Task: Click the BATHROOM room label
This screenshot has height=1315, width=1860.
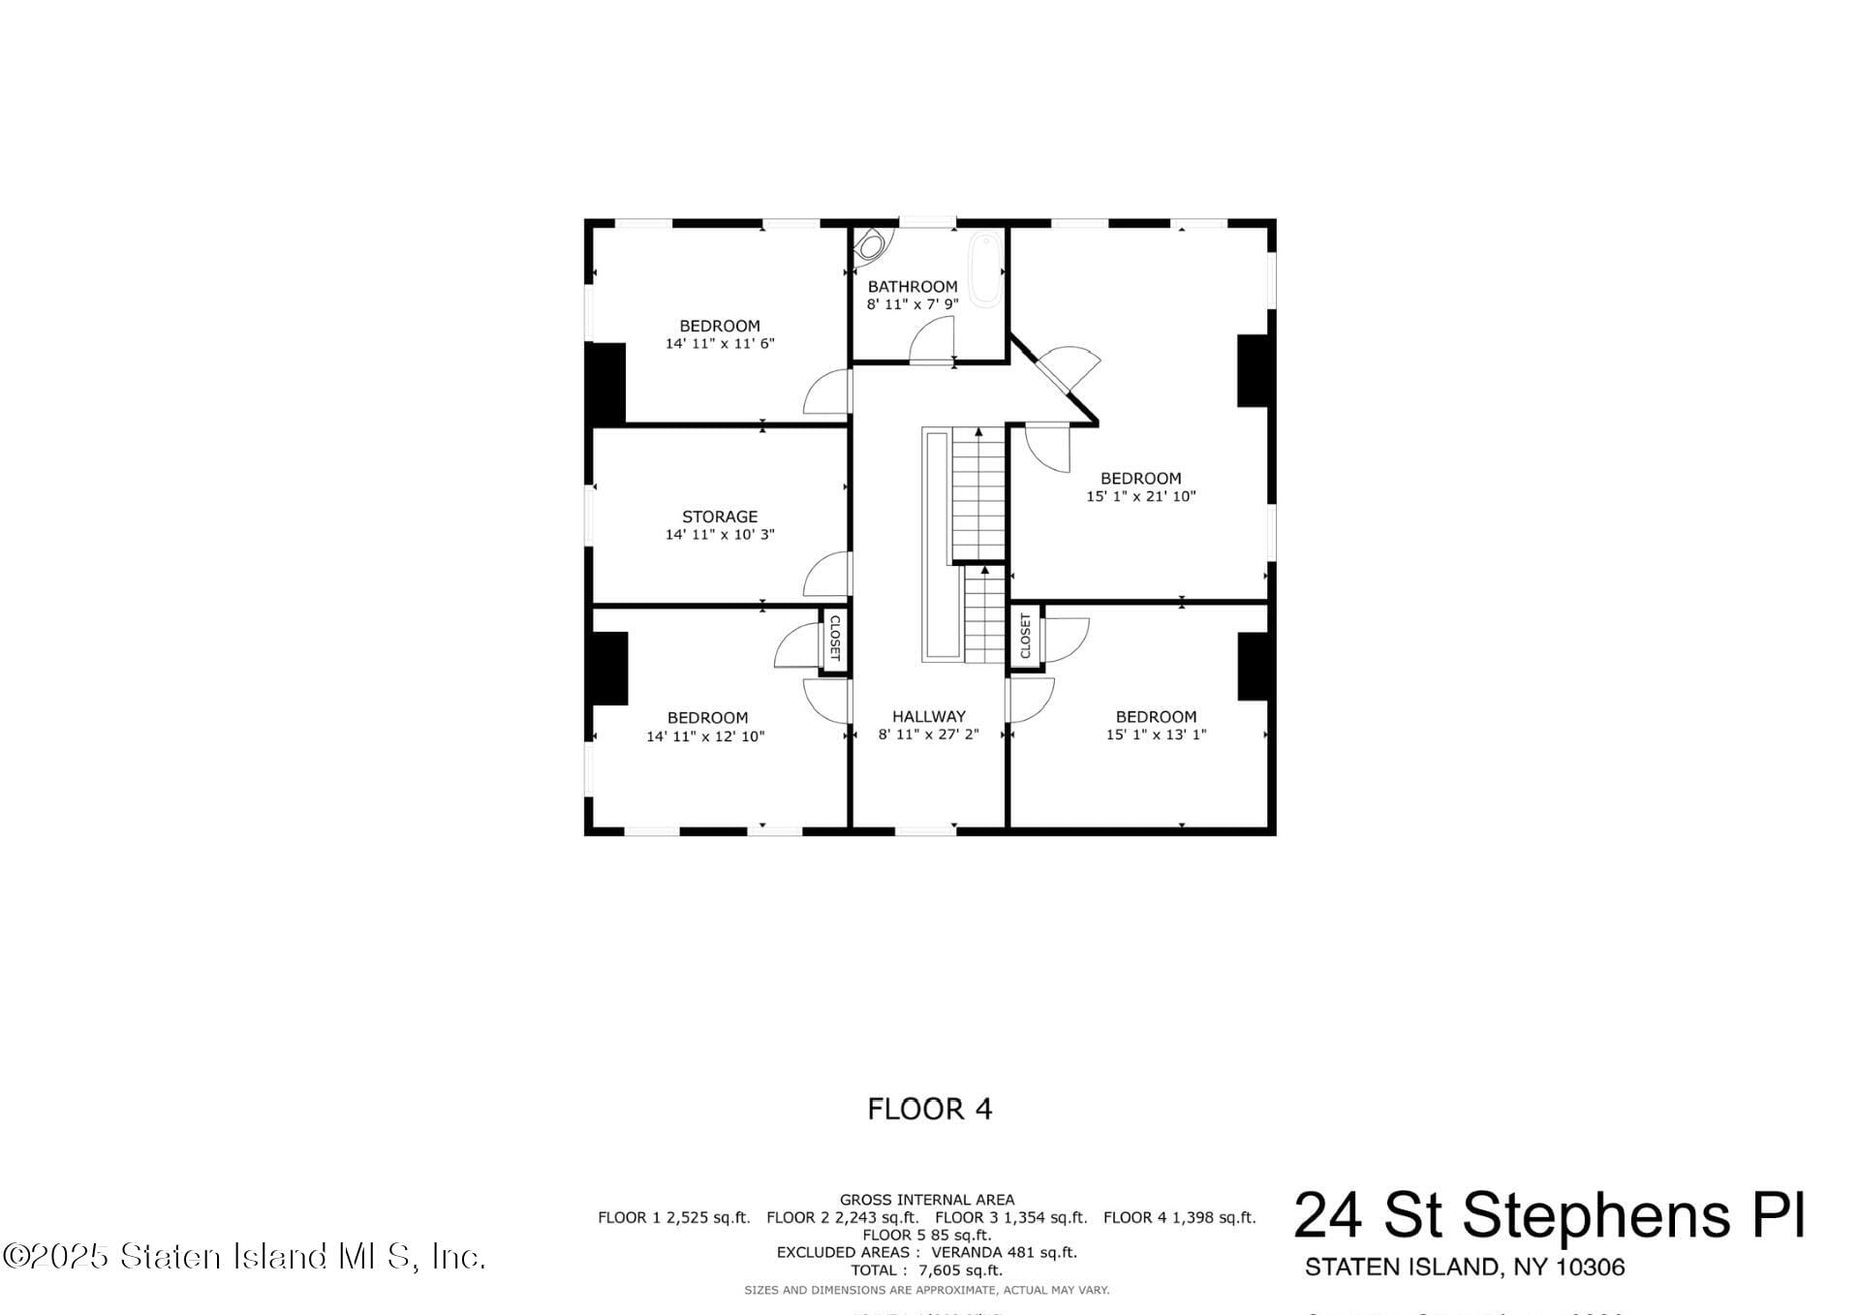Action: pos(912,287)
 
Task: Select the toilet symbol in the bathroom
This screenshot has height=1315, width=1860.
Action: pos(870,244)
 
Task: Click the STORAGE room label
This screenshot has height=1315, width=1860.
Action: pos(719,517)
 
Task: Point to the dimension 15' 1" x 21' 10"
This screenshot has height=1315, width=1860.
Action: pos(1140,496)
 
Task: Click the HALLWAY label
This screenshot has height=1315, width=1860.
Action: pos(928,717)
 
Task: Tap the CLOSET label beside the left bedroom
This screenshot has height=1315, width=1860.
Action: pos(835,638)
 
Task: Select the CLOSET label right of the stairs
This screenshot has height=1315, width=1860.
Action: pos(1025,636)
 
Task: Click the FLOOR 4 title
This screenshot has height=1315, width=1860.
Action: pos(929,1109)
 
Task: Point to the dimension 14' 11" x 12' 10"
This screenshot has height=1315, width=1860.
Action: pos(705,736)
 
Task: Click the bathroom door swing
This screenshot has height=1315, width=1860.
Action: pos(931,340)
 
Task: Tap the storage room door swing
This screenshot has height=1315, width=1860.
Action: pos(825,574)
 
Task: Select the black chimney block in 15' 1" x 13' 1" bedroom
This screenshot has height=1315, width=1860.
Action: pos(1253,666)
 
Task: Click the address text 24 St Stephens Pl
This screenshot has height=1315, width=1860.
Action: pos(1549,1215)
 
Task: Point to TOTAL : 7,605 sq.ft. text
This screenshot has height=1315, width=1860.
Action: pos(927,1270)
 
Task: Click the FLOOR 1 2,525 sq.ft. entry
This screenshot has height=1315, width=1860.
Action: pos(673,1218)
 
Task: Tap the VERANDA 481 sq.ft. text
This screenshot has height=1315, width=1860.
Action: pos(1004,1253)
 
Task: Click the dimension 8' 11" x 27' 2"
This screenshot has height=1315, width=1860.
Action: pos(928,735)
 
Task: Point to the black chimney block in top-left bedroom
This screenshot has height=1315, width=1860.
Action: pos(608,383)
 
